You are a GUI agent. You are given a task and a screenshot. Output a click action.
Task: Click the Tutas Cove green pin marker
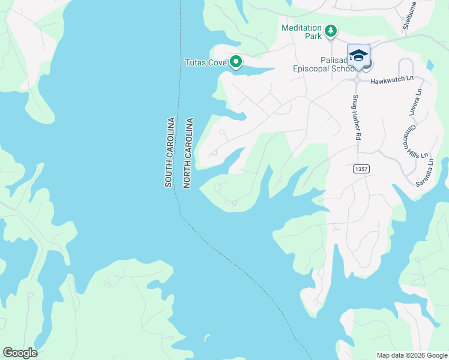point(236,61)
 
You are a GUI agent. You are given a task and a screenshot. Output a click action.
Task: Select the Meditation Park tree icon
point(330,31)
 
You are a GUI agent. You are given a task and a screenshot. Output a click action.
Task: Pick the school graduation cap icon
point(358,56)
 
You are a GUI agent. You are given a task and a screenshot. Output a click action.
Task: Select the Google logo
point(20,353)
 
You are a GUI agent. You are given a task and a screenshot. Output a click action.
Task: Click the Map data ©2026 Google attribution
point(411,355)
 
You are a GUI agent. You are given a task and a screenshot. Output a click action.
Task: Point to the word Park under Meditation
point(313,36)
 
